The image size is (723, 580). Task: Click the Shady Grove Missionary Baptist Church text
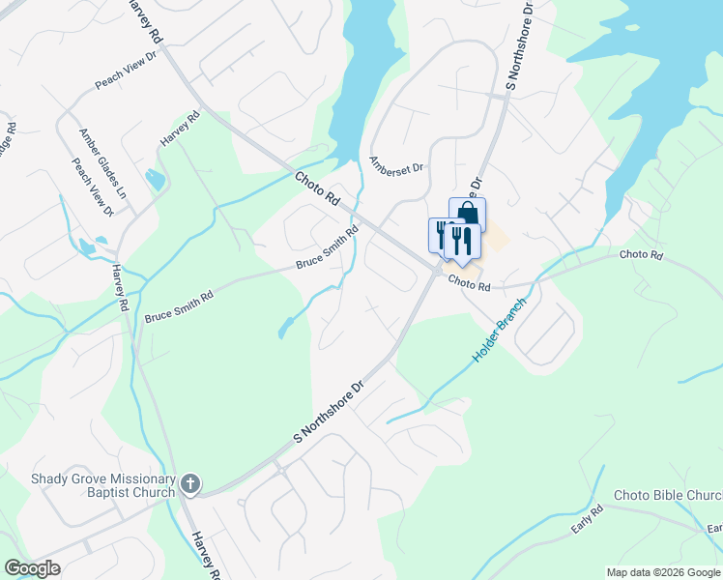[103, 484]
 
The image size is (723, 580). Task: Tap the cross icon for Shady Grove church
[190, 484]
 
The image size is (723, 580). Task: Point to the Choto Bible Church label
[668, 496]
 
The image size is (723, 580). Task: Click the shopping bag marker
[468, 215]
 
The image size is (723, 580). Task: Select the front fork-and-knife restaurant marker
[464, 239]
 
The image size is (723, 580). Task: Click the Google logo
[32, 568]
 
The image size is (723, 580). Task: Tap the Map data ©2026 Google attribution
[663, 572]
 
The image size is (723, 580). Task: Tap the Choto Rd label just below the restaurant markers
[470, 286]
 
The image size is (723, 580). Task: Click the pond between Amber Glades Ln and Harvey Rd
[154, 179]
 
